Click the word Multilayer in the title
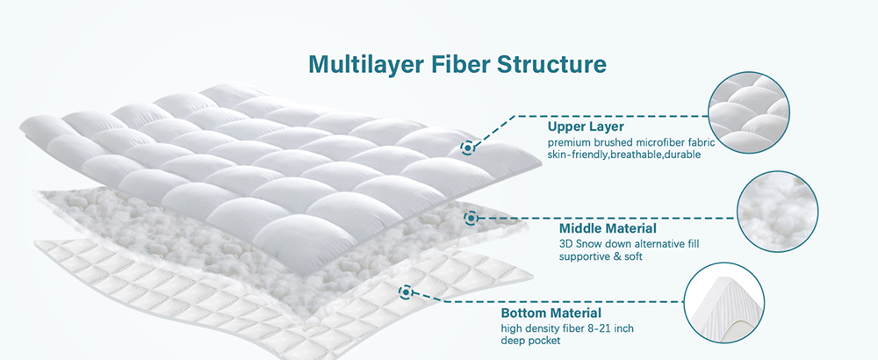coord(366,64)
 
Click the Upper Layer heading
coord(586,126)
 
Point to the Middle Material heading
coord(608,228)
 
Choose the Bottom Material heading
coord(551,313)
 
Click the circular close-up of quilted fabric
coord(749,112)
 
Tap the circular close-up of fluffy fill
coord(777,211)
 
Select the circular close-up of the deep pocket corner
coord(724,303)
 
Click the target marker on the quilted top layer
coord(468,148)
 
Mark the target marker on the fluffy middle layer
coord(471,217)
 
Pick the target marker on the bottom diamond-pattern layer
coord(406,292)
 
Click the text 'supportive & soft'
coord(601,256)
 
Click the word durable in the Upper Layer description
coord(680,155)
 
